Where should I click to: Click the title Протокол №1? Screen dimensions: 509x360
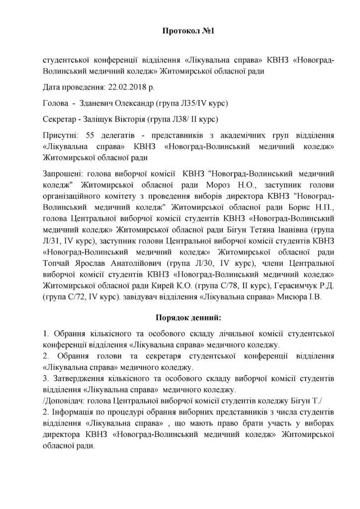[180, 31]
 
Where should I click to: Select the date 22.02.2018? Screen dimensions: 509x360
[124, 88]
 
